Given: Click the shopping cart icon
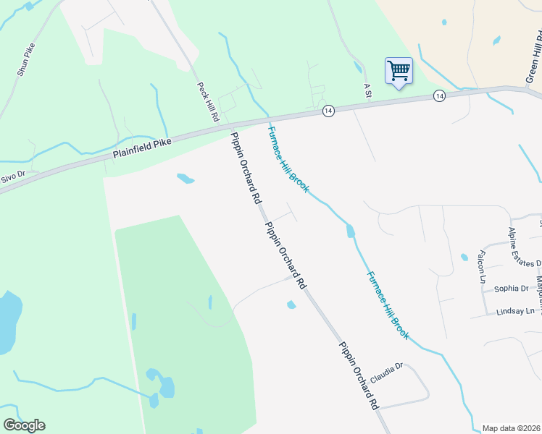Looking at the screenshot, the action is coord(399,71).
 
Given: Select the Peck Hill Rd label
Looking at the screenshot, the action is coord(208,102).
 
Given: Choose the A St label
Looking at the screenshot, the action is coord(367,88).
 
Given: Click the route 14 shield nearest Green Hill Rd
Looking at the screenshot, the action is coord(439,96).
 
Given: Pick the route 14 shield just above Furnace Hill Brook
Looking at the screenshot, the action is coord(328,111).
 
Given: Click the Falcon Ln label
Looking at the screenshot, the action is coord(480,267).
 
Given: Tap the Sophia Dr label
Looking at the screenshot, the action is coord(512,288).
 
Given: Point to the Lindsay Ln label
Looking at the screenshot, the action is coord(515,311).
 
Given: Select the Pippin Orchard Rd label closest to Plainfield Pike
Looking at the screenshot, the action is coord(245,169).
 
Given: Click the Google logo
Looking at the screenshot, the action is coord(24,425).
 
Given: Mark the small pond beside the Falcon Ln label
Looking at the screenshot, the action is coord(464,257).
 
